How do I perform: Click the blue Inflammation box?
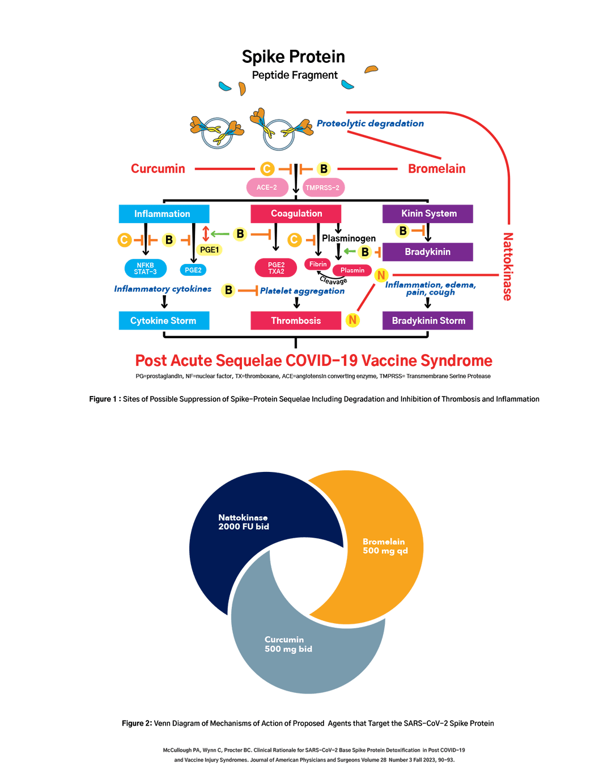pos(163,214)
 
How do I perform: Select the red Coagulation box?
pos(296,214)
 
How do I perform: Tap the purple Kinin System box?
pos(428,214)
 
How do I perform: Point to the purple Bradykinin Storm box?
pos(428,321)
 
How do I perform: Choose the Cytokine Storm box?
pos(163,321)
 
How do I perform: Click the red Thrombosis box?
pos(296,321)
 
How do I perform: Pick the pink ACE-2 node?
pos(267,188)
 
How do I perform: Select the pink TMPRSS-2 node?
pos(323,188)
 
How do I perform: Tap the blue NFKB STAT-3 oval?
pos(145,269)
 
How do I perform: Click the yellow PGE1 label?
pos(209,250)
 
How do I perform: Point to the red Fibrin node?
pos(318,264)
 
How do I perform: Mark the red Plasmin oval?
pos(352,270)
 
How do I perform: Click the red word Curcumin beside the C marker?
pos(158,168)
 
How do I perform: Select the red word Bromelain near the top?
pos(437,168)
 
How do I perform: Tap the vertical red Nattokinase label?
pos(508,266)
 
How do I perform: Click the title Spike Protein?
pos(294,57)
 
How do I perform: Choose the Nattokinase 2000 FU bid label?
pos(244,522)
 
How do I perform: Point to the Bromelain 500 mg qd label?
pos(385,546)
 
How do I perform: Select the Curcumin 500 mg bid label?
pos(288,644)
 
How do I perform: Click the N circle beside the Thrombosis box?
pos(352,320)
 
